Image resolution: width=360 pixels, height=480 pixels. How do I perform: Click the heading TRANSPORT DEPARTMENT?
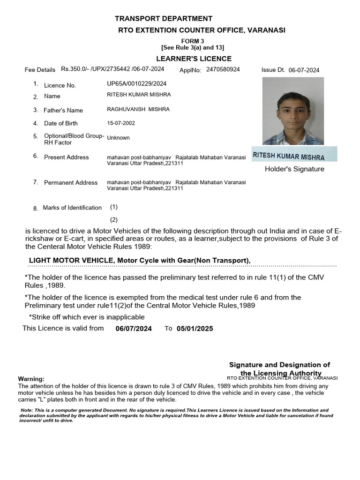pos(164,19)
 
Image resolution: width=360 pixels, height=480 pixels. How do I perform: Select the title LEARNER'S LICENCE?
pos(194,59)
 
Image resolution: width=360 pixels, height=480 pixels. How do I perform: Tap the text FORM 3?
pos(193,41)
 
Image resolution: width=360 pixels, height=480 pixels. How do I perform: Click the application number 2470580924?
pos(223,69)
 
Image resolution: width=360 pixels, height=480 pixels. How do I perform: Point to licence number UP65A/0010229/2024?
pos(136,84)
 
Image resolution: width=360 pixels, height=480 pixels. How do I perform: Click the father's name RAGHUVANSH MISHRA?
pos(138,109)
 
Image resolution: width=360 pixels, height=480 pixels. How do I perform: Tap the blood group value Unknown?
pos(118,138)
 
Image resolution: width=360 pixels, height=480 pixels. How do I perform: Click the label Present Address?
pos(66,157)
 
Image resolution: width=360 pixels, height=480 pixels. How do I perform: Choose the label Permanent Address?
pos(71,182)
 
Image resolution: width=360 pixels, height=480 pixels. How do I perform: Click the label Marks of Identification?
pos(72,208)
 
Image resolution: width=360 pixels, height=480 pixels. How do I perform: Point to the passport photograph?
pos(293,111)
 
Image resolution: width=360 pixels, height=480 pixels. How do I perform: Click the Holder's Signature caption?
pos(294,169)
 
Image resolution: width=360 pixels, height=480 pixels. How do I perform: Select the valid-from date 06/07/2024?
pos(134,329)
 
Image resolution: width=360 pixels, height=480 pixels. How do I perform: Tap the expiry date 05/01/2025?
pos(195,329)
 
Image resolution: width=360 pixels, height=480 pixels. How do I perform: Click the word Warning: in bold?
pos(31,379)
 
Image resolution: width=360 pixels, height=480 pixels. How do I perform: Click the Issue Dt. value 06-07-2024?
pos(304,70)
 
